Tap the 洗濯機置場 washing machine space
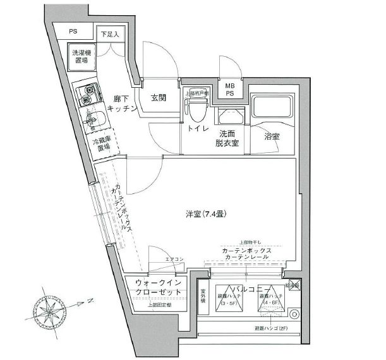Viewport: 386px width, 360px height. coord(81,56)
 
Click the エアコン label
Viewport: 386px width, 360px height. coord(174,260)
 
